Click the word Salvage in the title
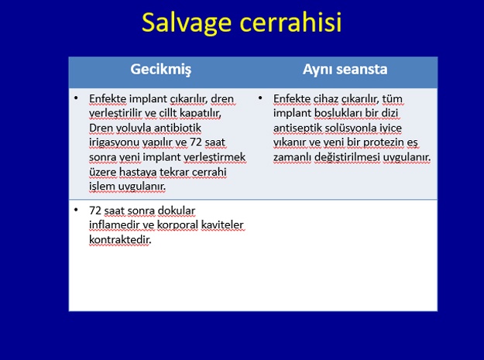click(187, 22)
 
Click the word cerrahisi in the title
click(290, 22)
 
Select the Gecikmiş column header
click(161, 70)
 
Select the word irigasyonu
click(114, 142)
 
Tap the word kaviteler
click(222, 225)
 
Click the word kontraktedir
click(120, 240)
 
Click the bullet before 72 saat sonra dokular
click(76, 210)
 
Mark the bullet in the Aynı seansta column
click(260, 98)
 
